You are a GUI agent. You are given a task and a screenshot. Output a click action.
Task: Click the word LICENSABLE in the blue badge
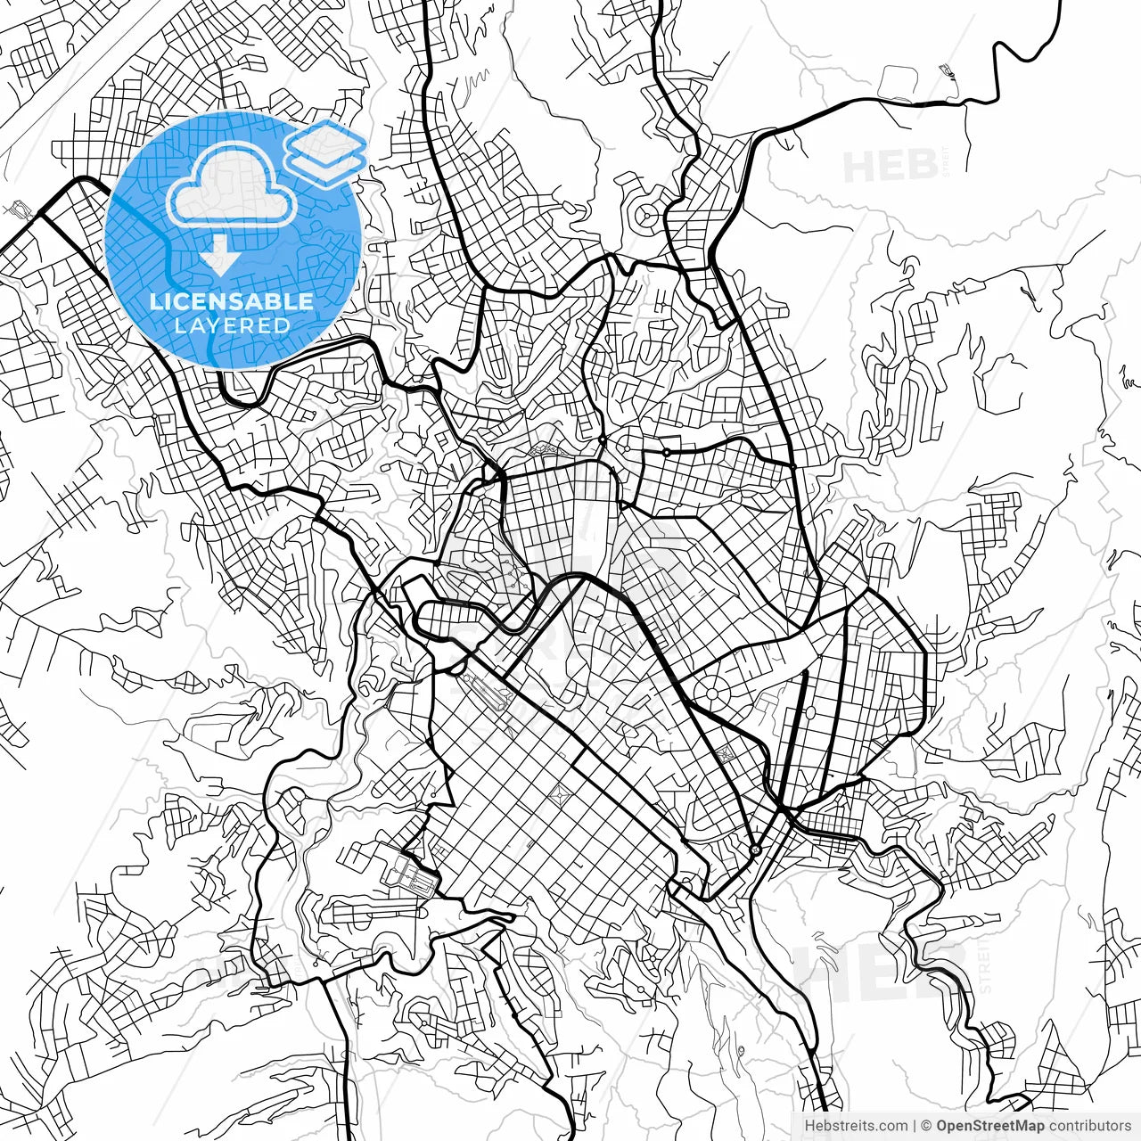pos(232,302)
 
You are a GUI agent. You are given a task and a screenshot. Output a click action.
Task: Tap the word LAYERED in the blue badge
pos(232,325)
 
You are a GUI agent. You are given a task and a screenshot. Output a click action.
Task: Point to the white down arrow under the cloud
pos(218,257)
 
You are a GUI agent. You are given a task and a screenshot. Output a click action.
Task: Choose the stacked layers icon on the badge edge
pos(326,151)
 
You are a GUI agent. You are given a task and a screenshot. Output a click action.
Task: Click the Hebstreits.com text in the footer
pos(856,1126)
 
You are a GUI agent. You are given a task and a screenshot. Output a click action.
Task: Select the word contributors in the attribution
pos(1092,1126)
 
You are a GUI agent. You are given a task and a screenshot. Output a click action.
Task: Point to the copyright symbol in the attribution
pos(926,1126)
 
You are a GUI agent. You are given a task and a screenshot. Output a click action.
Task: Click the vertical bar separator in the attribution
pos(915,1126)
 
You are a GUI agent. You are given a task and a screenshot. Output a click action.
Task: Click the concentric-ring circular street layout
pos(647,215)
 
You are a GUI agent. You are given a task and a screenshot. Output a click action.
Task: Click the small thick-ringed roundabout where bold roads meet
pos(756,850)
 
